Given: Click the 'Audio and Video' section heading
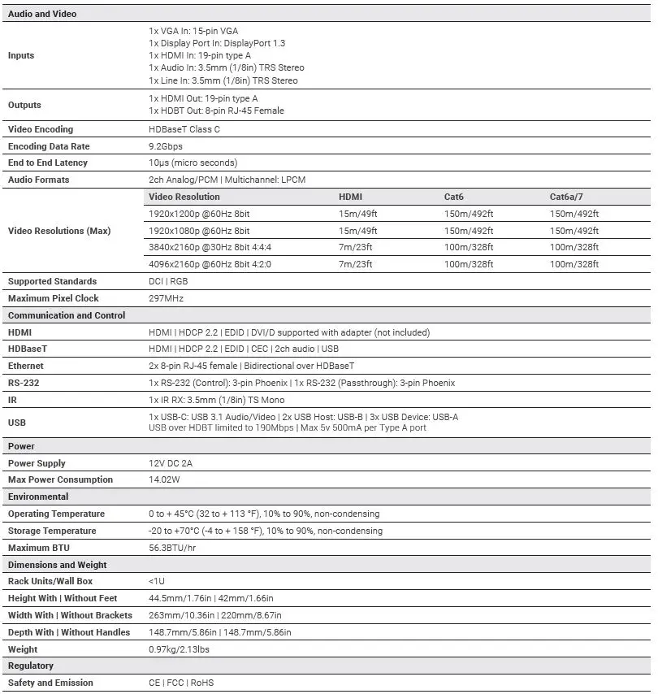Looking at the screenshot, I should (x=41, y=14).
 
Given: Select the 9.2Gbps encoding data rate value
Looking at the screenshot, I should (x=166, y=146).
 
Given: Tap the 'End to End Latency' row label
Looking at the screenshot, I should (x=47, y=163).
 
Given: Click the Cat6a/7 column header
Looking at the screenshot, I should (x=566, y=197).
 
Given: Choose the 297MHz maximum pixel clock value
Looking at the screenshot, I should (x=166, y=298).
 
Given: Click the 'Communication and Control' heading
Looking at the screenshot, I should (x=67, y=315).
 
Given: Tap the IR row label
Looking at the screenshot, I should (x=12, y=400).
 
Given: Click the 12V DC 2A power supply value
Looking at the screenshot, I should (x=171, y=463).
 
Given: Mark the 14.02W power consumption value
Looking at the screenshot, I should (x=165, y=479).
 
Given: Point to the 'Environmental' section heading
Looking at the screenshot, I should (x=38, y=497).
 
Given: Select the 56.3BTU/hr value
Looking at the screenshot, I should (x=172, y=548).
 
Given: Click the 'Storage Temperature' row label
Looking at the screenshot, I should (x=52, y=531).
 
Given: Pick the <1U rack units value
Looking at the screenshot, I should (x=157, y=582).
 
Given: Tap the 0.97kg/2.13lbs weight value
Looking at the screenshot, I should (x=180, y=649).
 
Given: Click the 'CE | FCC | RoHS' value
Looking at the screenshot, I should (x=181, y=683).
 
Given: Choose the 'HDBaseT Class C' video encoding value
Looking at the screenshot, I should (x=184, y=129).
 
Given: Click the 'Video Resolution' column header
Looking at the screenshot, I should (x=184, y=197).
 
